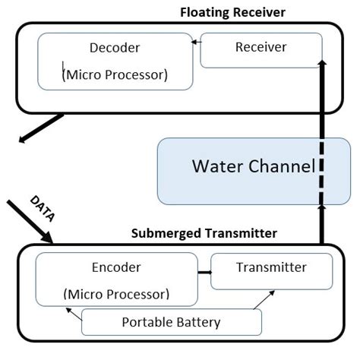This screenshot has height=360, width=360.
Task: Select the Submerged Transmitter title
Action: (x=204, y=233)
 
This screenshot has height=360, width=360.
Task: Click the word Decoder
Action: (x=115, y=48)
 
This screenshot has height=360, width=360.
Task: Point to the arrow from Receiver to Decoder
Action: (x=195, y=47)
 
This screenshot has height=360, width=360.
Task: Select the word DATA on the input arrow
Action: (x=42, y=208)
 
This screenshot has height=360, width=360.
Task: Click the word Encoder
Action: (x=116, y=267)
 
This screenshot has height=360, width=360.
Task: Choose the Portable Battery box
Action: (x=171, y=322)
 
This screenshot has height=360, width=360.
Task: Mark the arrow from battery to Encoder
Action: (x=74, y=314)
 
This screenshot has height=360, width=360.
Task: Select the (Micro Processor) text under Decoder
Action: (x=115, y=75)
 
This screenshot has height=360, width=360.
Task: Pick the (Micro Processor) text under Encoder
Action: (x=117, y=293)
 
